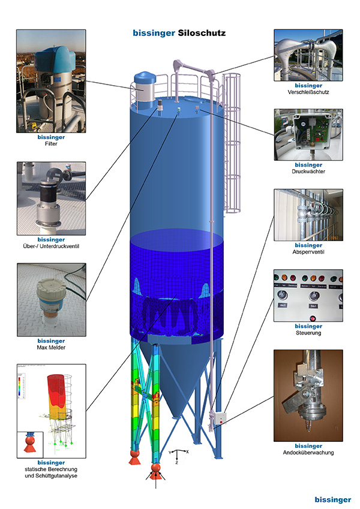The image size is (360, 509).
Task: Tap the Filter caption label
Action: [x=50, y=144]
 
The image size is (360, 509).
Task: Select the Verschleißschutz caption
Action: [x=308, y=92]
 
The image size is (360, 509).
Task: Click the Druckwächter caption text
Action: [x=308, y=172]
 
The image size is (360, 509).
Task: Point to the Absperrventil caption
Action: [x=308, y=252]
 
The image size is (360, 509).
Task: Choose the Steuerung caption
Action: [x=308, y=333]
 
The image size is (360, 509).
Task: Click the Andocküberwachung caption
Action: [x=308, y=453]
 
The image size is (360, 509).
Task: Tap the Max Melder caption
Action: [x=50, y=348]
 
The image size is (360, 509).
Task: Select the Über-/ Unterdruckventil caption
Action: [x=50, y=246]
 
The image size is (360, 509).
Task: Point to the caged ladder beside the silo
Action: [x=232, y=144]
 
